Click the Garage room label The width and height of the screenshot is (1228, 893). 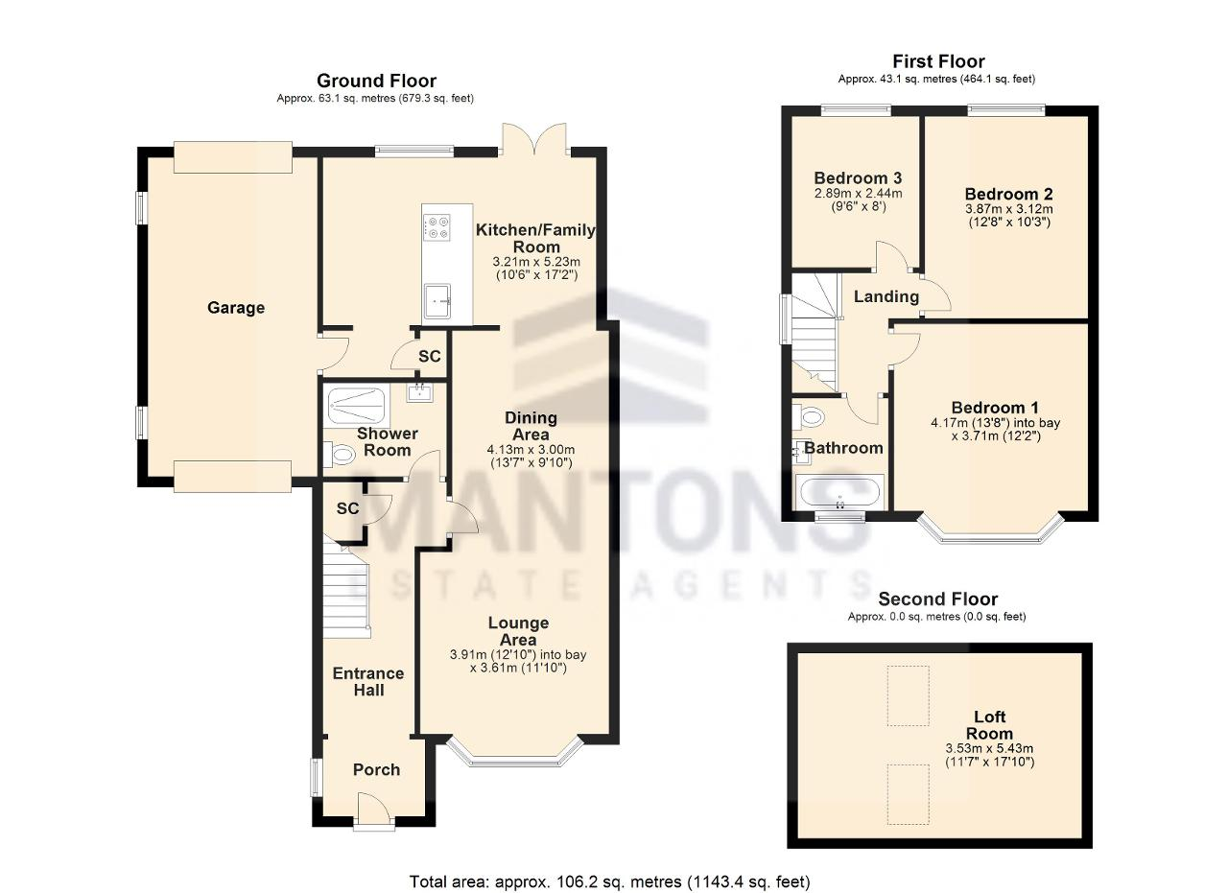tap(236, 308)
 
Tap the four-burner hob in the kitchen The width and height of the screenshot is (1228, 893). tap(437, 226)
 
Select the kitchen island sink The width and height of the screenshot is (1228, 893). tap(441, 302)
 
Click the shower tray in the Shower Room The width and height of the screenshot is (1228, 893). tap(358, 406)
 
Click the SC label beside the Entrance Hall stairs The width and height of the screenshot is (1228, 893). tap(347, 508)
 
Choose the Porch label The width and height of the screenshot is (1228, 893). tap(376, 769)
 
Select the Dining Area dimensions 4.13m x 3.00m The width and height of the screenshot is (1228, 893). tap(531, 448)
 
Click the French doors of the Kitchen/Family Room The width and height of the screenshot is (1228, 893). tap(533, 139)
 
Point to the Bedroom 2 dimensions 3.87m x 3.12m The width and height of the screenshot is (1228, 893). tap(1008, 209)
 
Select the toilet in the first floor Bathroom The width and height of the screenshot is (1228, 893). tap(811, 417)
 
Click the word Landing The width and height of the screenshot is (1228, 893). tap(886, 296)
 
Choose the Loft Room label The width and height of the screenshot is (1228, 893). tap(989, 725)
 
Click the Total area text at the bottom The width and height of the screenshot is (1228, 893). tap(610, 881)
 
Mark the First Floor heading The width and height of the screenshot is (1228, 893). tap(937, 61)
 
